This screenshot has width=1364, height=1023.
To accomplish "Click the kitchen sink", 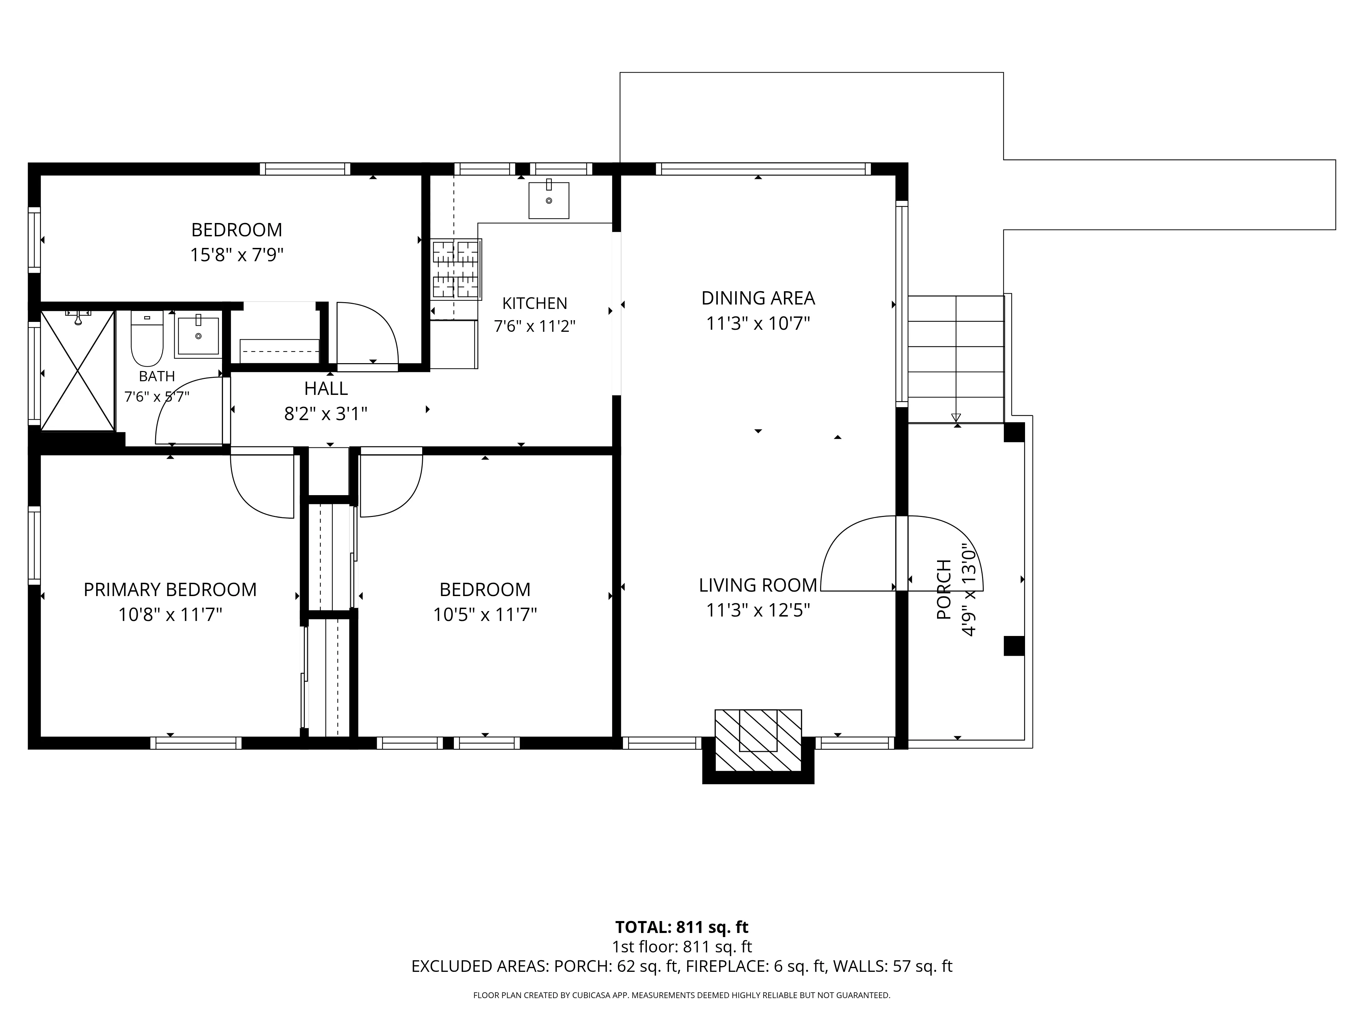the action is point(548,200).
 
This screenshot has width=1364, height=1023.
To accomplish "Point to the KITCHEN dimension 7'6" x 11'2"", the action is point(535,326).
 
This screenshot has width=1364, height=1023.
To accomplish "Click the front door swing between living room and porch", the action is point(902,553).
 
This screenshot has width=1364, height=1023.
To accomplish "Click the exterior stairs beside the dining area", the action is point(956,359).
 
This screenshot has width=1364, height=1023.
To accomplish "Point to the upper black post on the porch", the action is point(1014,432).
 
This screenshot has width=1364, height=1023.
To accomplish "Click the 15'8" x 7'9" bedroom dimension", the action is point(237,255).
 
